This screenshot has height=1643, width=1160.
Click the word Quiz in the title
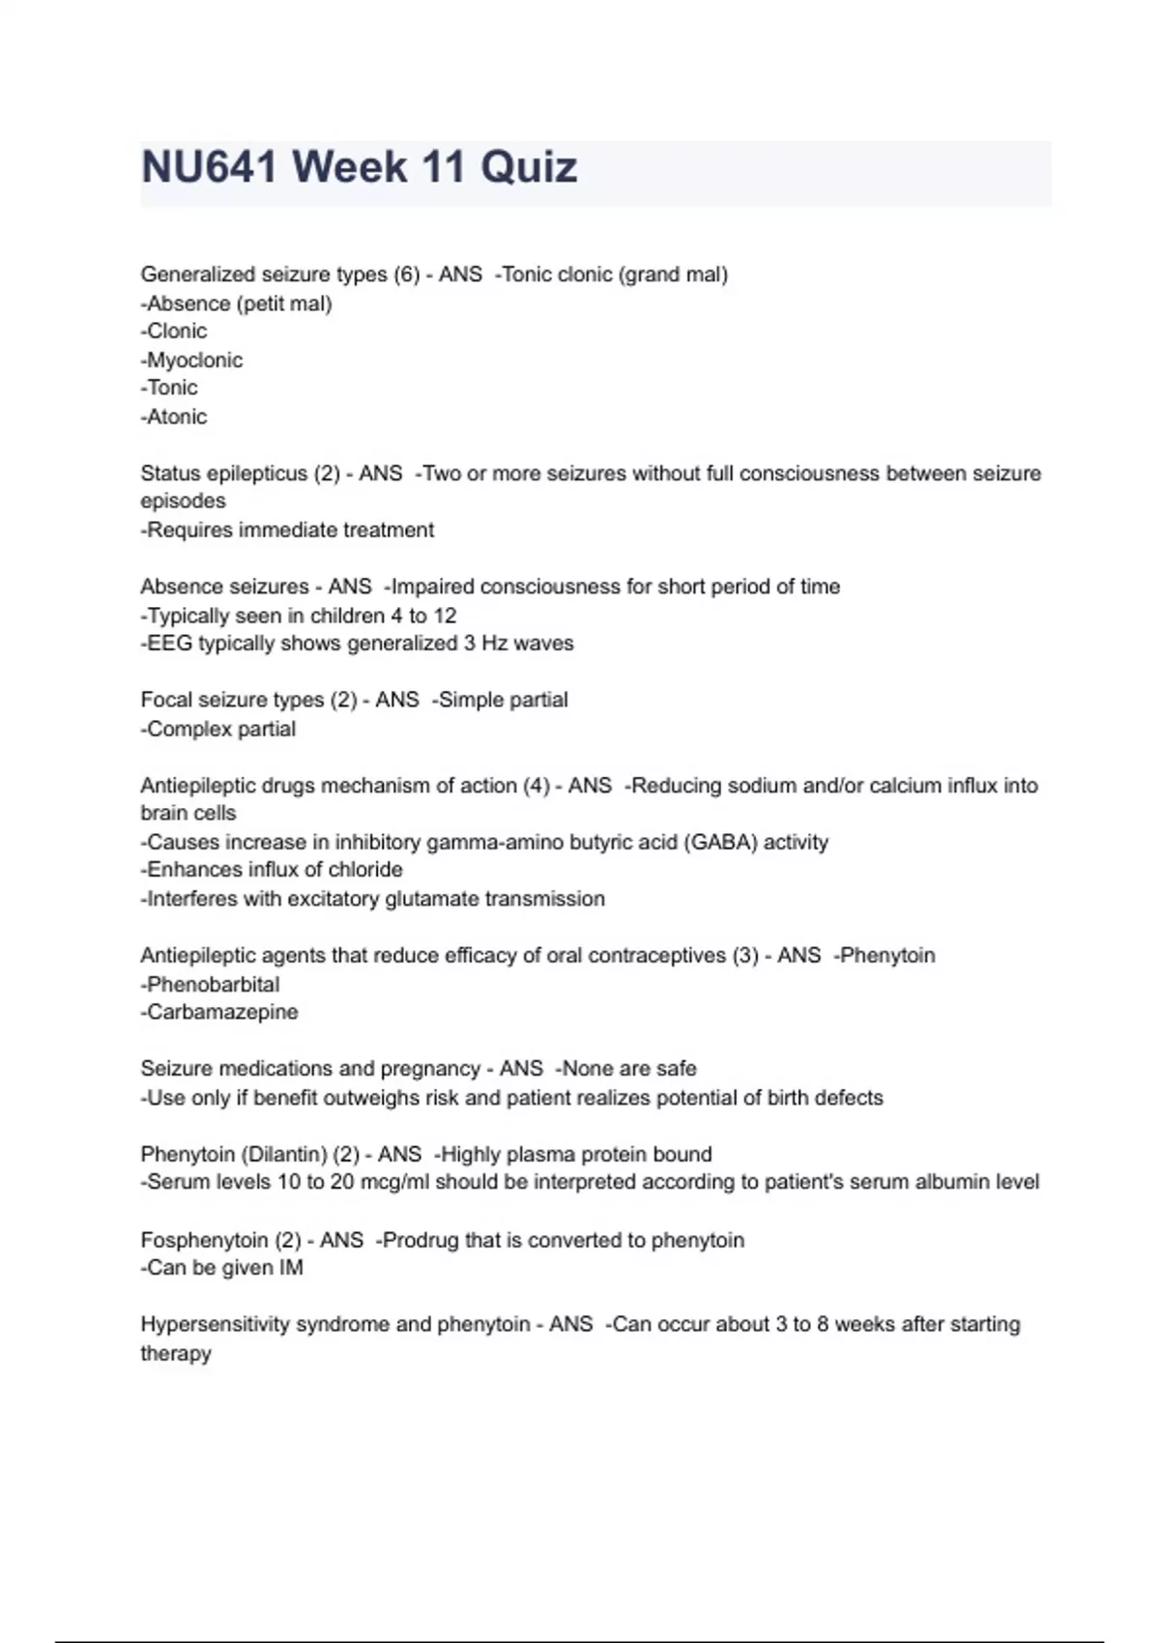[529, 167]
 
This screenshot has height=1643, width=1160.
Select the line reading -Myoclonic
[191, 360]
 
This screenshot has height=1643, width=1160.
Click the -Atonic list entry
[174, 417]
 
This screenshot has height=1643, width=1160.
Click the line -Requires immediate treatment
[287, 530]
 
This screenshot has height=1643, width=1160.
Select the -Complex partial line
[218, 729]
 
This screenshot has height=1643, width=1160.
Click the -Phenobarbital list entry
[210, 984]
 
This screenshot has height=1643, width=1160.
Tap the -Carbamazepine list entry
[219, 1012]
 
